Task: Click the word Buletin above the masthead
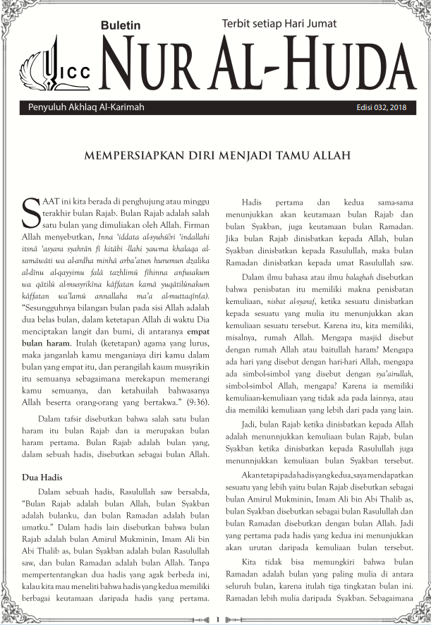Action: (x=121, y=25)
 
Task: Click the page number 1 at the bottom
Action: (x=218, y=619)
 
